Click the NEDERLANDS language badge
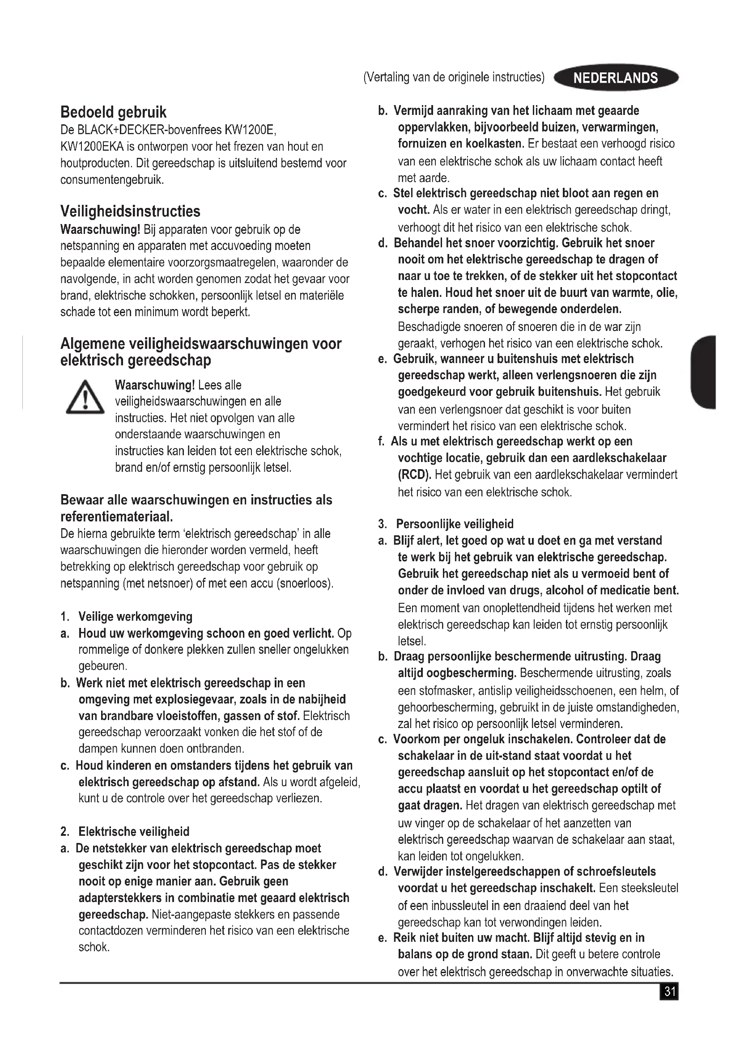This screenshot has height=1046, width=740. (616, 78)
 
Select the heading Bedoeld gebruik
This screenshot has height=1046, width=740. (114, 112)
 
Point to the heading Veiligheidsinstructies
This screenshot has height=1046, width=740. (130, 212)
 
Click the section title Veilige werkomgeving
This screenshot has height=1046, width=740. (135, 616)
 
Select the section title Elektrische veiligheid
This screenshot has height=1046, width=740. (134, 831)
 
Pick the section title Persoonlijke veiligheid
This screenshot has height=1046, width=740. (455, 524)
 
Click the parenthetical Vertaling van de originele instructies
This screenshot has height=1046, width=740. (454, 77)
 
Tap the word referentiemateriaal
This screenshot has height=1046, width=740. (117, 517)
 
